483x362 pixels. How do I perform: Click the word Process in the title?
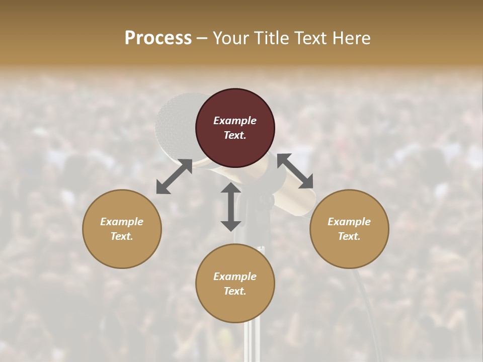click(158, 38)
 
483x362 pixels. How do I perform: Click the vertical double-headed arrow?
click(231, 207)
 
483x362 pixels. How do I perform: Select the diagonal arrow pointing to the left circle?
click(174, 176)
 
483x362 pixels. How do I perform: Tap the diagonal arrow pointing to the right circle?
click(295, 171)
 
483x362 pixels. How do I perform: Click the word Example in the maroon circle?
click(235, 121)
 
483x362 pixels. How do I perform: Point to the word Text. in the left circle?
click(122, 236)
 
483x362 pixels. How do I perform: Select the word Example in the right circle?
click(349, 222)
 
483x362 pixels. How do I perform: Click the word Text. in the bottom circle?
click(235, 291)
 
